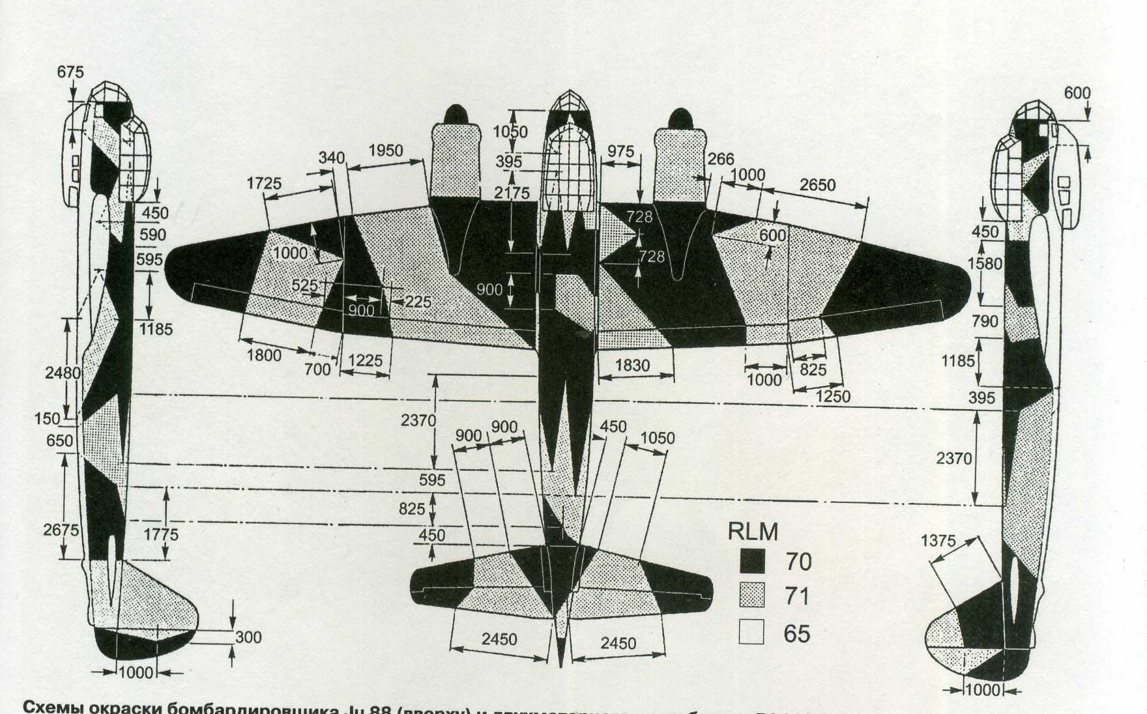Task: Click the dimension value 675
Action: (70, 72)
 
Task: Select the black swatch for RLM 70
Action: (752, 561)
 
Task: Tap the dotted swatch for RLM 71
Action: (752, 595)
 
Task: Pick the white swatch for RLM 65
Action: (752, 632)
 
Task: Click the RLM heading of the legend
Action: (753, 532)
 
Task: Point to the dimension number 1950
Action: (386, 151)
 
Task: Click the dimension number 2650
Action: (817, 185)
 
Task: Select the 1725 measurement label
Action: (264, 184)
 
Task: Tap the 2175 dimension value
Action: (512, 193)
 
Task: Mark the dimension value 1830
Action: (632, 365)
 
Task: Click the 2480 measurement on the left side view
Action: (63, 373)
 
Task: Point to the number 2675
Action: (61, 530)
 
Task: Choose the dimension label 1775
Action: (160, 535)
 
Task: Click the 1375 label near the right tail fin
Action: (938, 541)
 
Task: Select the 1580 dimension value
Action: (984, 264)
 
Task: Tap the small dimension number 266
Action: (721, 159)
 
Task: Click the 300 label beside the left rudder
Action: (248, 637)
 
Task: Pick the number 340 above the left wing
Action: (331, 158)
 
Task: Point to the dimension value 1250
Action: (832, 396)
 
